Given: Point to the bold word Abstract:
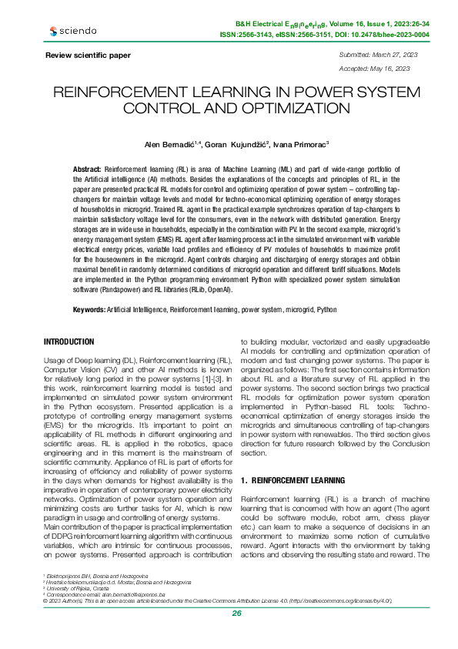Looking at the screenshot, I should (x=88, y=168).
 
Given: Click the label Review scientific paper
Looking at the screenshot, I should (x=88, y=55).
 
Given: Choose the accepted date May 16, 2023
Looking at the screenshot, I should (x=386, y=69).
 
